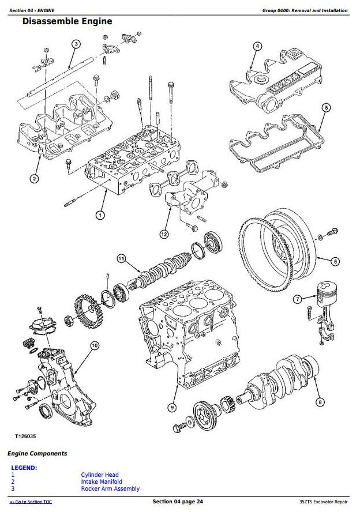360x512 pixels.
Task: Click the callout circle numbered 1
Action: [x=100, y=215]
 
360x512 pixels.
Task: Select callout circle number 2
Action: [x=34, y=179]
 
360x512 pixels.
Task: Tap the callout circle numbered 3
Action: [x=76, y=44]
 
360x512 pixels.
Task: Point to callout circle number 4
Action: [x=257, y=46]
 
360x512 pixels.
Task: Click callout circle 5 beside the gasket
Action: [x=326, y=107]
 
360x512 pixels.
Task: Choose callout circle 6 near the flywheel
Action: [x=335, y=261]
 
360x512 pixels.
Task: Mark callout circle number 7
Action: [x=297, y=299]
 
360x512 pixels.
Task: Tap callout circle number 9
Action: [x=171, y=408]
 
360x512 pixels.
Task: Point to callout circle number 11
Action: [x=121, y=258]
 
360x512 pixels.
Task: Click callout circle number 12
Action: [x=164, y=234]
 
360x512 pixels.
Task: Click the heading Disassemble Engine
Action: [x=67, y=22]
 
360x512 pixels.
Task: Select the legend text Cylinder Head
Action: [x=100, y=475]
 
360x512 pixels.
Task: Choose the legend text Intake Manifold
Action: [x=102, y=482]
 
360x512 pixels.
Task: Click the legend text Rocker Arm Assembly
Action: [x=110, y=489]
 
